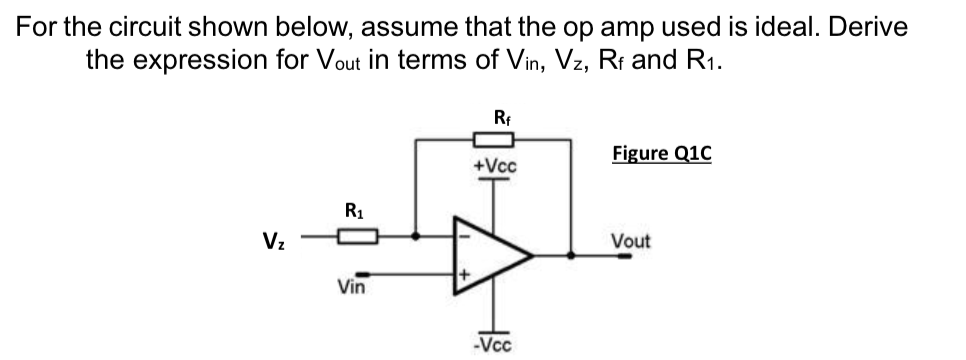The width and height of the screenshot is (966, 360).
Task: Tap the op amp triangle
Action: click(x=490, y=255)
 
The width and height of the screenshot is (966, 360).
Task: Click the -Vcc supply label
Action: click(x=495, y=346)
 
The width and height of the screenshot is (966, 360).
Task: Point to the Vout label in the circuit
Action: click(x=630, y=241)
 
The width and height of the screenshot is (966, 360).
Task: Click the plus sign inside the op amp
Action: click(x=464, y=273)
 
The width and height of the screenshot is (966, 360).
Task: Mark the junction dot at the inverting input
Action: click(x=417, y=238)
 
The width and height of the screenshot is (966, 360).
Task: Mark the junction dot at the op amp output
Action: click(x=572, y=255)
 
